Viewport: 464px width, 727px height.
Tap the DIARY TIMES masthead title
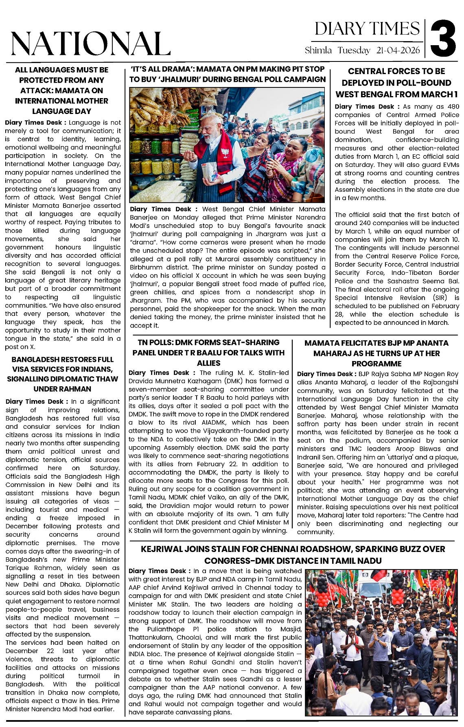pyautogui.click(x=367, y=29)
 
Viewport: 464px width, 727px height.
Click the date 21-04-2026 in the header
pyautogui.click(x=398, y=50)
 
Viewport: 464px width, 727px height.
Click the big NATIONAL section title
pyautogui.click(x=90, y=44)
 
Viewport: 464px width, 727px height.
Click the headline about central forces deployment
pyautogui.click(x=396, y=83)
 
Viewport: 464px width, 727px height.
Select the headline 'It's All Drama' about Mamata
pyautogui.click(x=228, y=74)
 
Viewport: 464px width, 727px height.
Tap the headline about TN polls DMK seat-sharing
pyautogui.click(x=208, y=353)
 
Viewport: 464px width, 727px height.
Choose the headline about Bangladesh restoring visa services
pyautogui.click(x=62, y=374)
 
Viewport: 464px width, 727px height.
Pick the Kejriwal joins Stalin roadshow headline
pyautogui.click(x=293, y=555)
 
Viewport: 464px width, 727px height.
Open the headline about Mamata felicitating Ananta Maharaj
pyautogui.click(x=376, y=353)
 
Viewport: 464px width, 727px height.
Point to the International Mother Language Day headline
pyautogui.click(x=62, y=90)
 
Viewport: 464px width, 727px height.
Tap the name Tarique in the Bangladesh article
pyautogui.click(x=18, y=568)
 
